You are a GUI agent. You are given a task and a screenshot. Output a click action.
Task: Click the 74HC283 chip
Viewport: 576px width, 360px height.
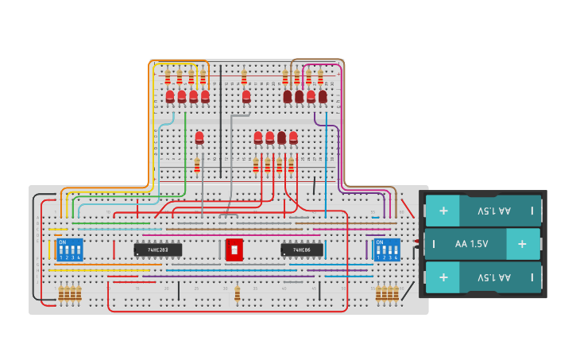pyautogui.click(x=157, y=250)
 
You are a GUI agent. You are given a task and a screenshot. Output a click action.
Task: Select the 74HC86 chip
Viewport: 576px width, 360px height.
pyautogui.click(x=302, y=250)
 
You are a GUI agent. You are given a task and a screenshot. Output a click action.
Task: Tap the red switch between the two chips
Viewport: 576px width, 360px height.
pyautogui.click(x=234, y=250)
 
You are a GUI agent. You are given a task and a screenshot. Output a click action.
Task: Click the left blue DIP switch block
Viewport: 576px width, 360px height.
pyautogui.click(x=70, y=250)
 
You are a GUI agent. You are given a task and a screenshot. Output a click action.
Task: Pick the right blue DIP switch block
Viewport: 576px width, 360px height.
pyautogui.click(x=387, y=250)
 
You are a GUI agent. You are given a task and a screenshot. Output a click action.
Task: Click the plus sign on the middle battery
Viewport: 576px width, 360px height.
pyautogui.click(x=522, y=244)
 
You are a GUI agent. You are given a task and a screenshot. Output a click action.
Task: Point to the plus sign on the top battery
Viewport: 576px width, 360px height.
pyautogui.click(x=443, y=211)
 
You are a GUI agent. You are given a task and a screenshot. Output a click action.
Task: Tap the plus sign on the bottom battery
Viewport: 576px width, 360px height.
pyautogui.click(x=443, y=277)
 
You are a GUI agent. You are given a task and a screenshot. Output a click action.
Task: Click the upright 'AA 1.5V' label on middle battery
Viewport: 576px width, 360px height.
pyautogui.click(x=472, y=244)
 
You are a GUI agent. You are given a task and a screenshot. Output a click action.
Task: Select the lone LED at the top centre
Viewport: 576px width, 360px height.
pyautogui.click(x=246, y=96)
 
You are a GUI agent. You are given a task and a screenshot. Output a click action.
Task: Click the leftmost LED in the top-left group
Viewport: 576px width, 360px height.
pyautogui.click(x=170, y=96)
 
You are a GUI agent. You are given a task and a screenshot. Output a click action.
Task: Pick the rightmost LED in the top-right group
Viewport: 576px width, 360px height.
pyautogui.click(x=323, y=96)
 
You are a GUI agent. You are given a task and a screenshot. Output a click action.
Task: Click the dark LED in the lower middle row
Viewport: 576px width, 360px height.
pyautogui.click(x=281, y=137)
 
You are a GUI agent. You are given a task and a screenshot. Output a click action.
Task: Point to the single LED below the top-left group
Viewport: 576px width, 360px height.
pyautogui.click(x=199, y=137)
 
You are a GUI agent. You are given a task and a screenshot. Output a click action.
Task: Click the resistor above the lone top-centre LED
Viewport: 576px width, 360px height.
pyautogui.click(x=244, y=77)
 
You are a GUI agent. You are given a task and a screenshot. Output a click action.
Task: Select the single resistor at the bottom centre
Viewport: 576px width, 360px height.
pyautogui.click(x=238, y=295)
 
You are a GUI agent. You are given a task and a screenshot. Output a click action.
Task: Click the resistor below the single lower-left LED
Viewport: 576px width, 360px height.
pyautogui.click(x=197, y=165)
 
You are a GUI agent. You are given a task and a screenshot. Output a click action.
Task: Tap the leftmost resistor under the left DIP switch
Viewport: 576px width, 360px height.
pyautogui.click(x=61, y=295)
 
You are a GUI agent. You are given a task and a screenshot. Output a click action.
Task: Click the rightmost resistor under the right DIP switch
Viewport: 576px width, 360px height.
pyautogui.click(x=396, y=295)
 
